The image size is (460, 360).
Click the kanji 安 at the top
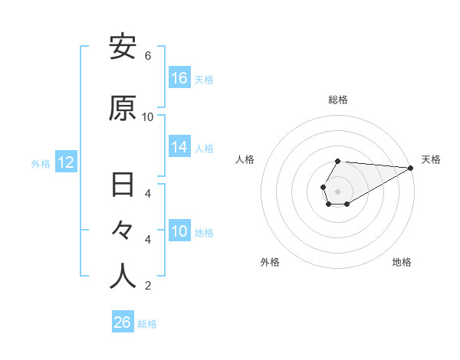pos(123,47)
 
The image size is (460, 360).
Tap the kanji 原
pos(123,108)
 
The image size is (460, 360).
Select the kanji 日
pos(123,185)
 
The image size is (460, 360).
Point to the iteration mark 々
pos(123,231)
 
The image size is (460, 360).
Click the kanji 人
pos(123,277)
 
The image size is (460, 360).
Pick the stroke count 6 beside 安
pos(148,56)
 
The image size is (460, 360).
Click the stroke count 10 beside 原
pos(148,117)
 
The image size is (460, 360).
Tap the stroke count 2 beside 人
pos(148,286)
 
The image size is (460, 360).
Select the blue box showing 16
pos(179,78)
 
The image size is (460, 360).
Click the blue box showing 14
pos(179,147)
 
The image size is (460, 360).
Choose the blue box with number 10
pos(179,231)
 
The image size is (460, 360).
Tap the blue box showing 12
pos(65,162)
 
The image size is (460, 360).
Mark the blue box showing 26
pos(123,322)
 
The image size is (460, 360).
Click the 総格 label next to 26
pos(147,324)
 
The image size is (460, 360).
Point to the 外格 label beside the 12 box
pos(40,163)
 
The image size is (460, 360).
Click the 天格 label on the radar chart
pos(431,159)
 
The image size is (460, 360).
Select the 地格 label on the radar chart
pos(402,262)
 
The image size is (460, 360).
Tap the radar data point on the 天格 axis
pos(411,167)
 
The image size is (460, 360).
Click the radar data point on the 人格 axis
pos(324,187)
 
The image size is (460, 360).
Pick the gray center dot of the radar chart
pos(338,191)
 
